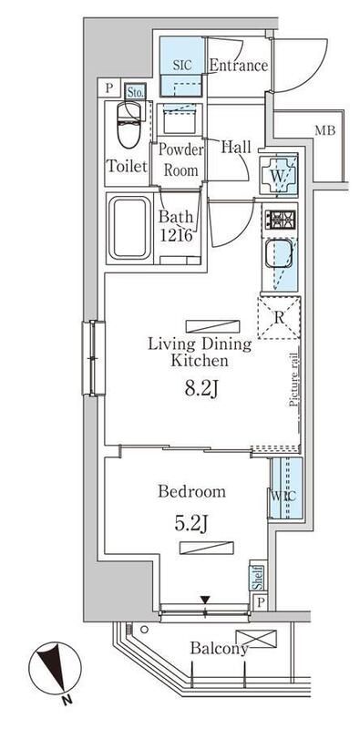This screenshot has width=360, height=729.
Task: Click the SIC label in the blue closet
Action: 182,65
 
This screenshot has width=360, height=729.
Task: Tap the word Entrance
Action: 239,66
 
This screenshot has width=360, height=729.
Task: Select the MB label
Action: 325,130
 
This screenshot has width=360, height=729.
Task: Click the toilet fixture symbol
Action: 129,124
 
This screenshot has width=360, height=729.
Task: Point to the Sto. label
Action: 135,92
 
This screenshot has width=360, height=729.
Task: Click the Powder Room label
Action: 181,160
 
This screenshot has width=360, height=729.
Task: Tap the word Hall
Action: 236,149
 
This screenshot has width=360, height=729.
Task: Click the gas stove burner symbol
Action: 280,219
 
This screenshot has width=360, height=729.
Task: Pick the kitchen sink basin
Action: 279,254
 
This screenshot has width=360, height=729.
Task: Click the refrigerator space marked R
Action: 279,317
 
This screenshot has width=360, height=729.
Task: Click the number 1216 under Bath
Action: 176,235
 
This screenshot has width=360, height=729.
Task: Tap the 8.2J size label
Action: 201,389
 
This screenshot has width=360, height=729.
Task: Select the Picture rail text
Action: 293,380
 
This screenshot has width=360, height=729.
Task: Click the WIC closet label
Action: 283,496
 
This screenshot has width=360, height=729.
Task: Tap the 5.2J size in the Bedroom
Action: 191,524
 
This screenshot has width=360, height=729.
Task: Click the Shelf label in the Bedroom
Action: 257,578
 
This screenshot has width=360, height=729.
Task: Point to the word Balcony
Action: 219,648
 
